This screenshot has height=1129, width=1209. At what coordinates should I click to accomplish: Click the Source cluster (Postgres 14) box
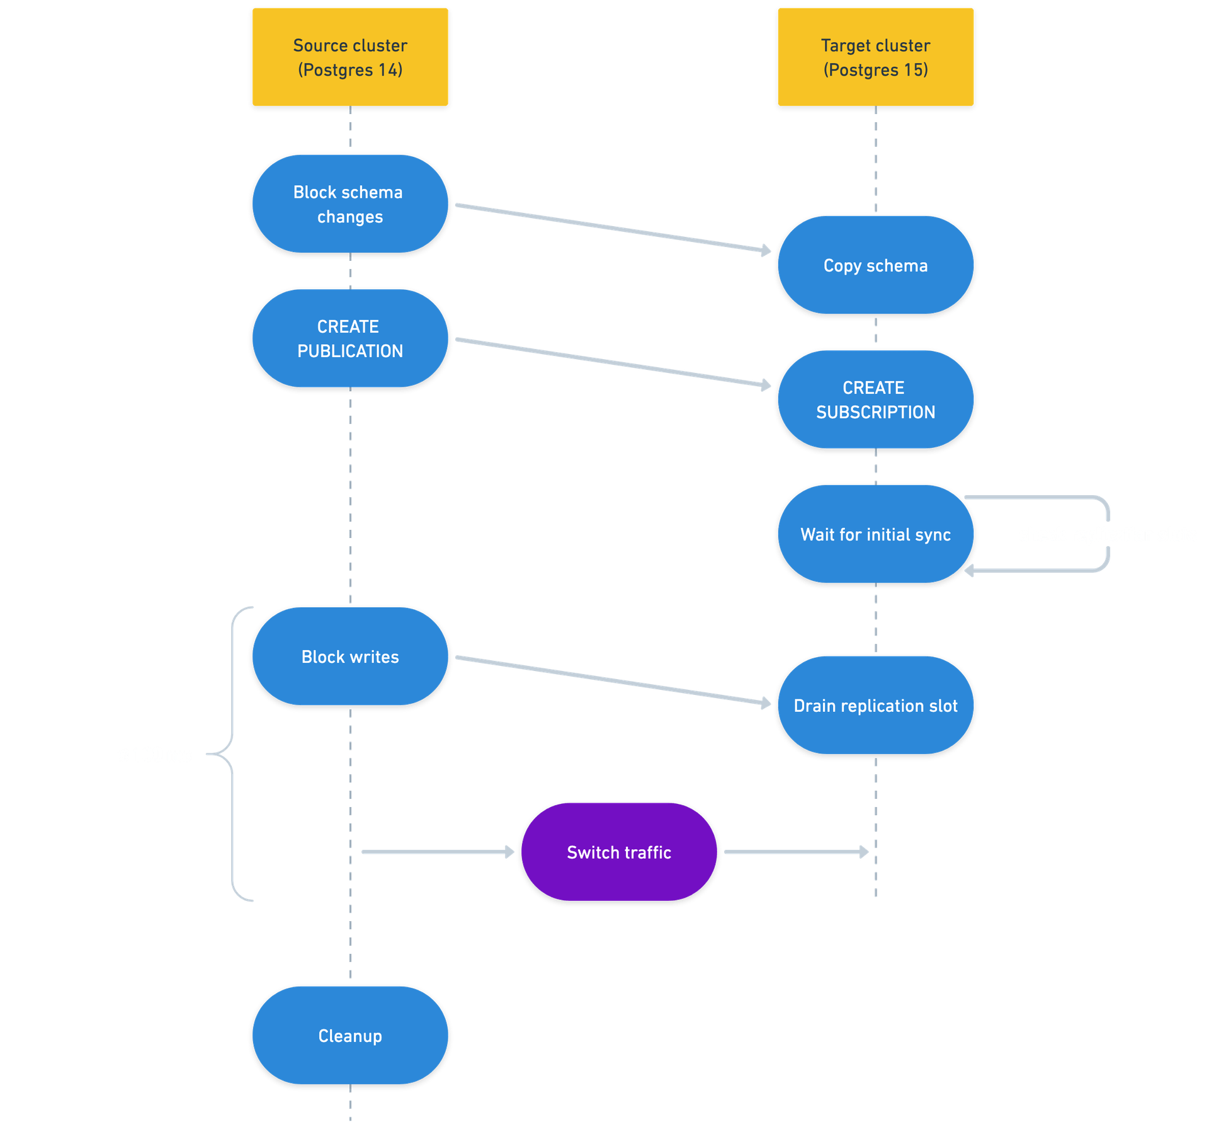350,57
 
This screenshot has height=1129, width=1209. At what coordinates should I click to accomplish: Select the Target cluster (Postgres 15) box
875,57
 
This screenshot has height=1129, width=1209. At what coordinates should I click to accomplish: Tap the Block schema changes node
350,204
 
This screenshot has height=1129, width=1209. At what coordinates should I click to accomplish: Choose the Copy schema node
875,265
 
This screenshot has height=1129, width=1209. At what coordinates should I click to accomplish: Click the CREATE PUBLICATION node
350,338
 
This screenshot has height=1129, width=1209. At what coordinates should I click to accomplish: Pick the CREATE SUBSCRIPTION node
875,399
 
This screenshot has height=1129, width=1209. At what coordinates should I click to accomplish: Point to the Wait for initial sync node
875,534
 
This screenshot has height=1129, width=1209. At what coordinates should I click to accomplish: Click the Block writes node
350,656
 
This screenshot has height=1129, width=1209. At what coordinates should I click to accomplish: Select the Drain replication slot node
875,706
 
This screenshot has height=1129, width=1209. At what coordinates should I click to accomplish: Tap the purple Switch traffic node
619,852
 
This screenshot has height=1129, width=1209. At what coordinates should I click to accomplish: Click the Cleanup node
350,1036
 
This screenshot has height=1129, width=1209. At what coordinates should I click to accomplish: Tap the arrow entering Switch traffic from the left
438,852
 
